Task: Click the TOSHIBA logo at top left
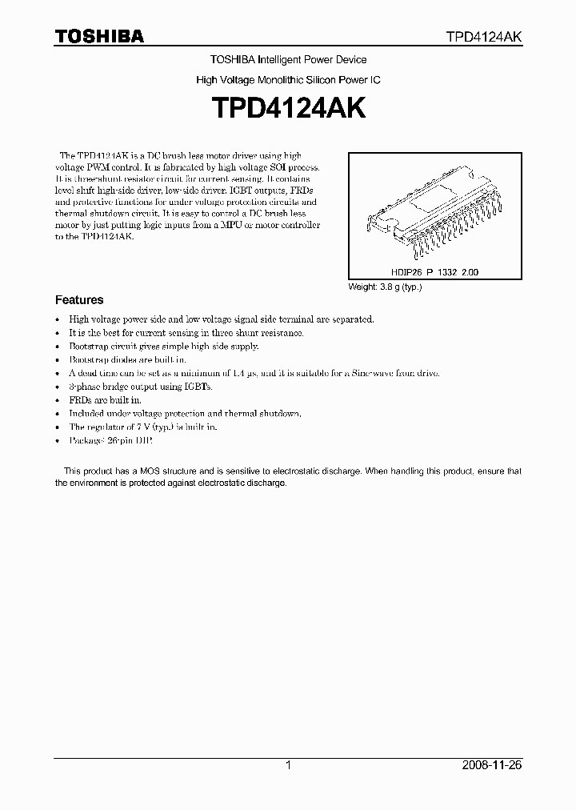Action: [x=99, y=36]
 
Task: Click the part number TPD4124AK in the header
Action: [x=484, y=37]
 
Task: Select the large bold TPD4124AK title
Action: [x=287, y=109]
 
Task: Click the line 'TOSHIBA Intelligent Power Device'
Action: [x=288, y=60]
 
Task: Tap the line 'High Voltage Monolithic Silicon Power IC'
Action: [x=288, y=81]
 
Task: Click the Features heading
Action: [x=79, y=300]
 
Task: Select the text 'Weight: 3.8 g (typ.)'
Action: [x=385, y=287]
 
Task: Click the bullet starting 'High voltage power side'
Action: [x=221, y=319]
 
